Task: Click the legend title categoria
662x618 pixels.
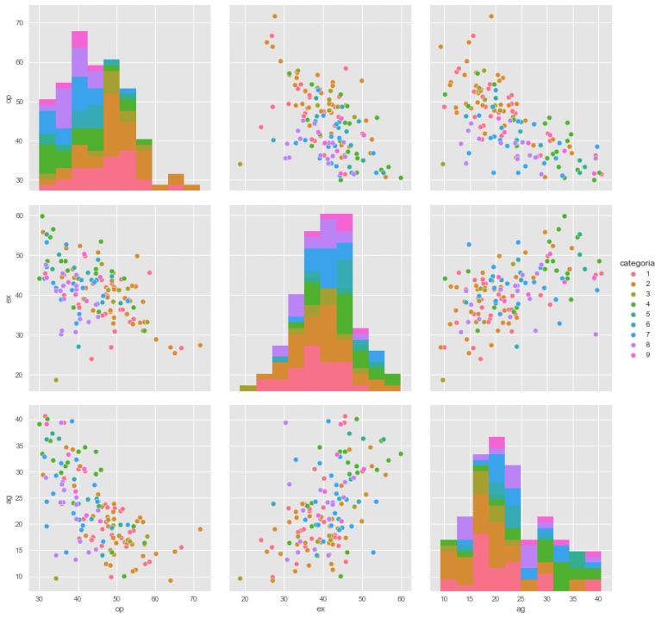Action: point(638,262)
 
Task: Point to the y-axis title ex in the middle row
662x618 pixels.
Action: point(9,299)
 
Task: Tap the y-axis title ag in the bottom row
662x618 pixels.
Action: point(9,499)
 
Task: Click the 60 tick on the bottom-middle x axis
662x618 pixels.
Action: point(401,596)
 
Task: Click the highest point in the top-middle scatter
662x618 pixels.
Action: point(275,16)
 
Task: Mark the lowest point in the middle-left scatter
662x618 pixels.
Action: point(55,380)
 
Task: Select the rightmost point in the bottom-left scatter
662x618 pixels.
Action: point(200,529)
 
